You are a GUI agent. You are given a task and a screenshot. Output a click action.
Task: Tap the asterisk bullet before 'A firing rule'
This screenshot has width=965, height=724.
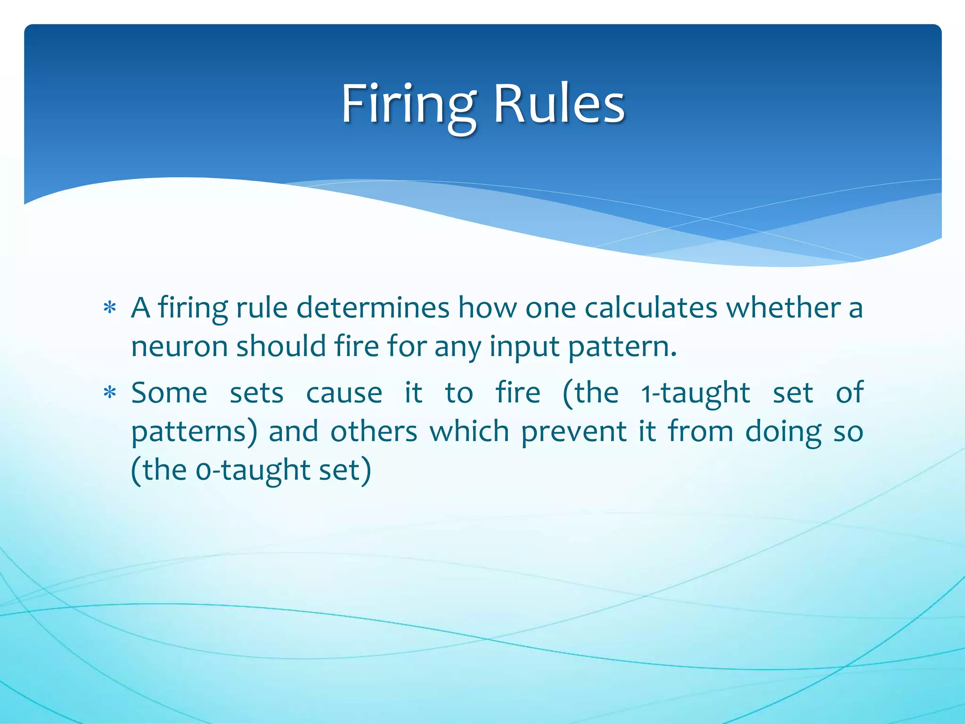pos(110,308)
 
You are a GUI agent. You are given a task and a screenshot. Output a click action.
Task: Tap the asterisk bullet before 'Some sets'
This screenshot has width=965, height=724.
pos(110,393)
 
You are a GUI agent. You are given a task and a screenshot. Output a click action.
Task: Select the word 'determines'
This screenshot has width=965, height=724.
pos(373,308)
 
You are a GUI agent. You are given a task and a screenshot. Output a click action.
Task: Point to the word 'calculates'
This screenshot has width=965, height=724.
pos(651,308)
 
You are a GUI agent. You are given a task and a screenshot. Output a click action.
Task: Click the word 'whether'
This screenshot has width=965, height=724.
pos(783,308)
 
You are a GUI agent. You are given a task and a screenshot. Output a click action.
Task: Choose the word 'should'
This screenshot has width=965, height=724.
pos(281,346)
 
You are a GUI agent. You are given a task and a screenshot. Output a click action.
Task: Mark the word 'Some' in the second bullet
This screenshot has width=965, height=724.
pos(169,393)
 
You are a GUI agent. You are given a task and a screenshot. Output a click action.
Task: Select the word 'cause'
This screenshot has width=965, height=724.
pos(344,393)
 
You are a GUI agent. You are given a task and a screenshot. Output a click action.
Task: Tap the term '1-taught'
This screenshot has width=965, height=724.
pos(695,393)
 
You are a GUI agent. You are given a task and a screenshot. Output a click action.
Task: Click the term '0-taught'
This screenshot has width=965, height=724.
pos(252,470)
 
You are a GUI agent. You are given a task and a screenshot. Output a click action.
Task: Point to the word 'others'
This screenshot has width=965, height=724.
pos(374,431)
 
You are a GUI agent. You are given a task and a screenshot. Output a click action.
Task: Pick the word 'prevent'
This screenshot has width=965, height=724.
pos(574,431)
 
